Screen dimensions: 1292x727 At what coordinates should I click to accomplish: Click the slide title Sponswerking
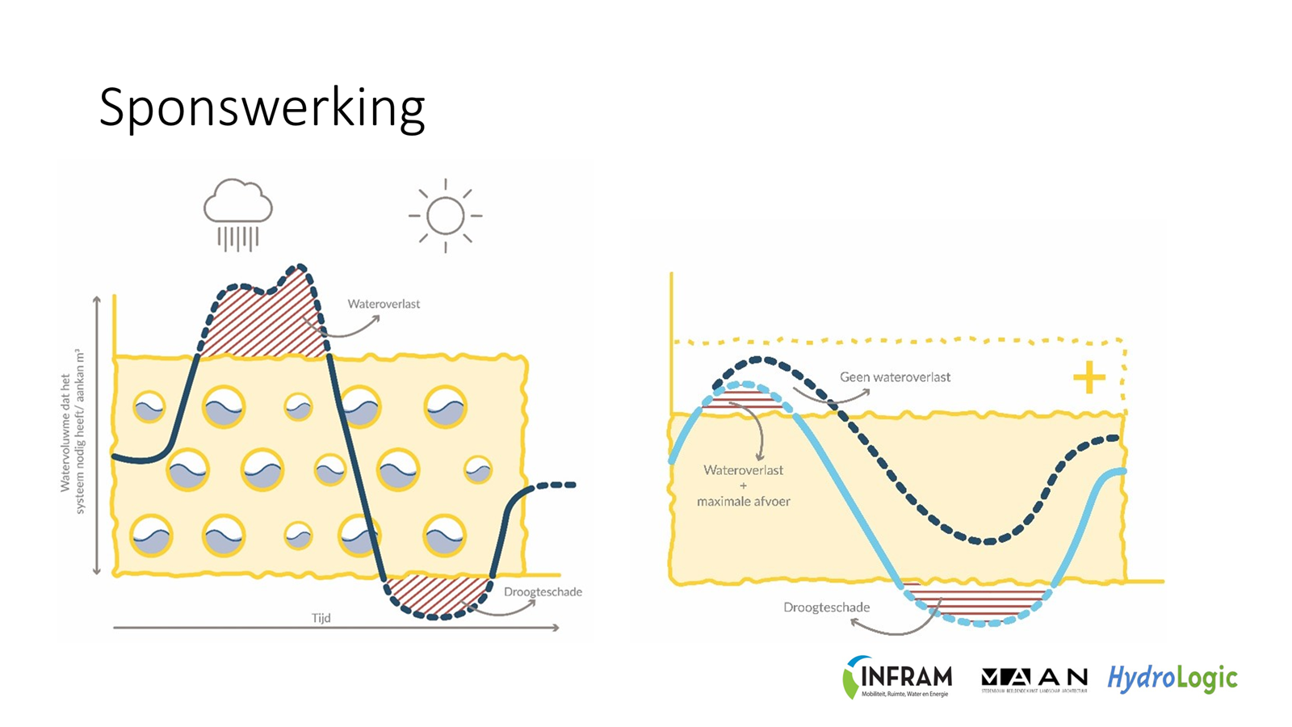point(262,108)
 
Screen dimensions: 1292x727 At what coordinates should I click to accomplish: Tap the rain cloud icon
point(237,212)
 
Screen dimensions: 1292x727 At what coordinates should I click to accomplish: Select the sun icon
point(445,216)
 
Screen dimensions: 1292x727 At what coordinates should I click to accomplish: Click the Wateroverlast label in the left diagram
point(384,305)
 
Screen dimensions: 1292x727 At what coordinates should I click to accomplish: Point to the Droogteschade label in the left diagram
point(543,592)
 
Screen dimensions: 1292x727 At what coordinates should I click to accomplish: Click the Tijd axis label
point(321,618)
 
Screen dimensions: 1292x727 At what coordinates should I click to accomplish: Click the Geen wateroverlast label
point(895,377)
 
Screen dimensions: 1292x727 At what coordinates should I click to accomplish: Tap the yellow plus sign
point(1089,377)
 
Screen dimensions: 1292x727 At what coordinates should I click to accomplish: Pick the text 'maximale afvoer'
point(744,502)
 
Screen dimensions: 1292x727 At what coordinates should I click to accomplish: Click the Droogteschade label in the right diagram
point(826,607)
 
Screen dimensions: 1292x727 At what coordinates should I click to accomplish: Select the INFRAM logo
point(898,677)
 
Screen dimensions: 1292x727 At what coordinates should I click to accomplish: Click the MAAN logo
point(1034,679)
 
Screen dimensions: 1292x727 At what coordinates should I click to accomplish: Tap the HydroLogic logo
point(1172,678)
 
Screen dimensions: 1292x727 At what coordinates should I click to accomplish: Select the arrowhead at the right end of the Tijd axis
point(556,628)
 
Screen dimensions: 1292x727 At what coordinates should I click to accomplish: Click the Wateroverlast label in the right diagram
point(743,470)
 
